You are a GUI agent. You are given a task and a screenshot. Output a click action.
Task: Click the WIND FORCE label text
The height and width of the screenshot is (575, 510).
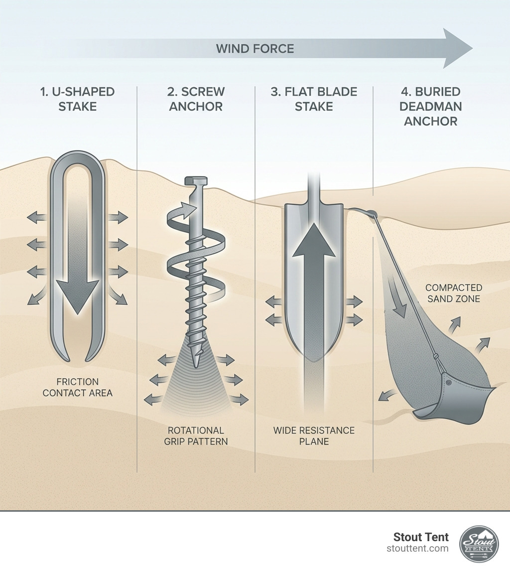255,49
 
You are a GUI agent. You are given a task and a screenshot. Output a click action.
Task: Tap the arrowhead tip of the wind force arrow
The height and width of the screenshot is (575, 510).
471,48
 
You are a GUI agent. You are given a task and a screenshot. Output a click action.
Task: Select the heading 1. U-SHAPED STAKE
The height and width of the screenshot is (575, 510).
77,99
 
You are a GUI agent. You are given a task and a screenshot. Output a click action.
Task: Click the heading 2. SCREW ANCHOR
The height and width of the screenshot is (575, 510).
196,99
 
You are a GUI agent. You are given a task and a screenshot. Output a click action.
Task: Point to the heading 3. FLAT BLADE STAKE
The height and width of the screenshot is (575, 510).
314,99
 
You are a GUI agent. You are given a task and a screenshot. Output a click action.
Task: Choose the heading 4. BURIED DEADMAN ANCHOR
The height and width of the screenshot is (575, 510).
431,106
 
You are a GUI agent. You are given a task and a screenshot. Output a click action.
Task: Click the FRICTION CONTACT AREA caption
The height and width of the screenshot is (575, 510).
77,387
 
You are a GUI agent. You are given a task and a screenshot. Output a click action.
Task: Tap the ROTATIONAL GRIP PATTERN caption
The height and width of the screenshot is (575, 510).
196,435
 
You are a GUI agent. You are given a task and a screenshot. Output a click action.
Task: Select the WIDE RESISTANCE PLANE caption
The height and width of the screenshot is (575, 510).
314,435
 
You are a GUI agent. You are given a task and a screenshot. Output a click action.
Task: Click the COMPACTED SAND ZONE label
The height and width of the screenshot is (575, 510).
453,293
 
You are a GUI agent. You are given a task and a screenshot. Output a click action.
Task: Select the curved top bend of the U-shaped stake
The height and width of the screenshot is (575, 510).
78,159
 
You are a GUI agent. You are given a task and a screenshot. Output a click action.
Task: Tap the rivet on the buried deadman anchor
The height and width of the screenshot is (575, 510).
449,383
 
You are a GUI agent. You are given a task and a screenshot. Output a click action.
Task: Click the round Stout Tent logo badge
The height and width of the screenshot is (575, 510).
479,544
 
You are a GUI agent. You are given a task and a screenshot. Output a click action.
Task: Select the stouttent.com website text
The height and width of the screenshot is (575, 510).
417,549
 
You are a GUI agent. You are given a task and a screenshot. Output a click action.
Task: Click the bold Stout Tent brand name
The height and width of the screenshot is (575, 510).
421,537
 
